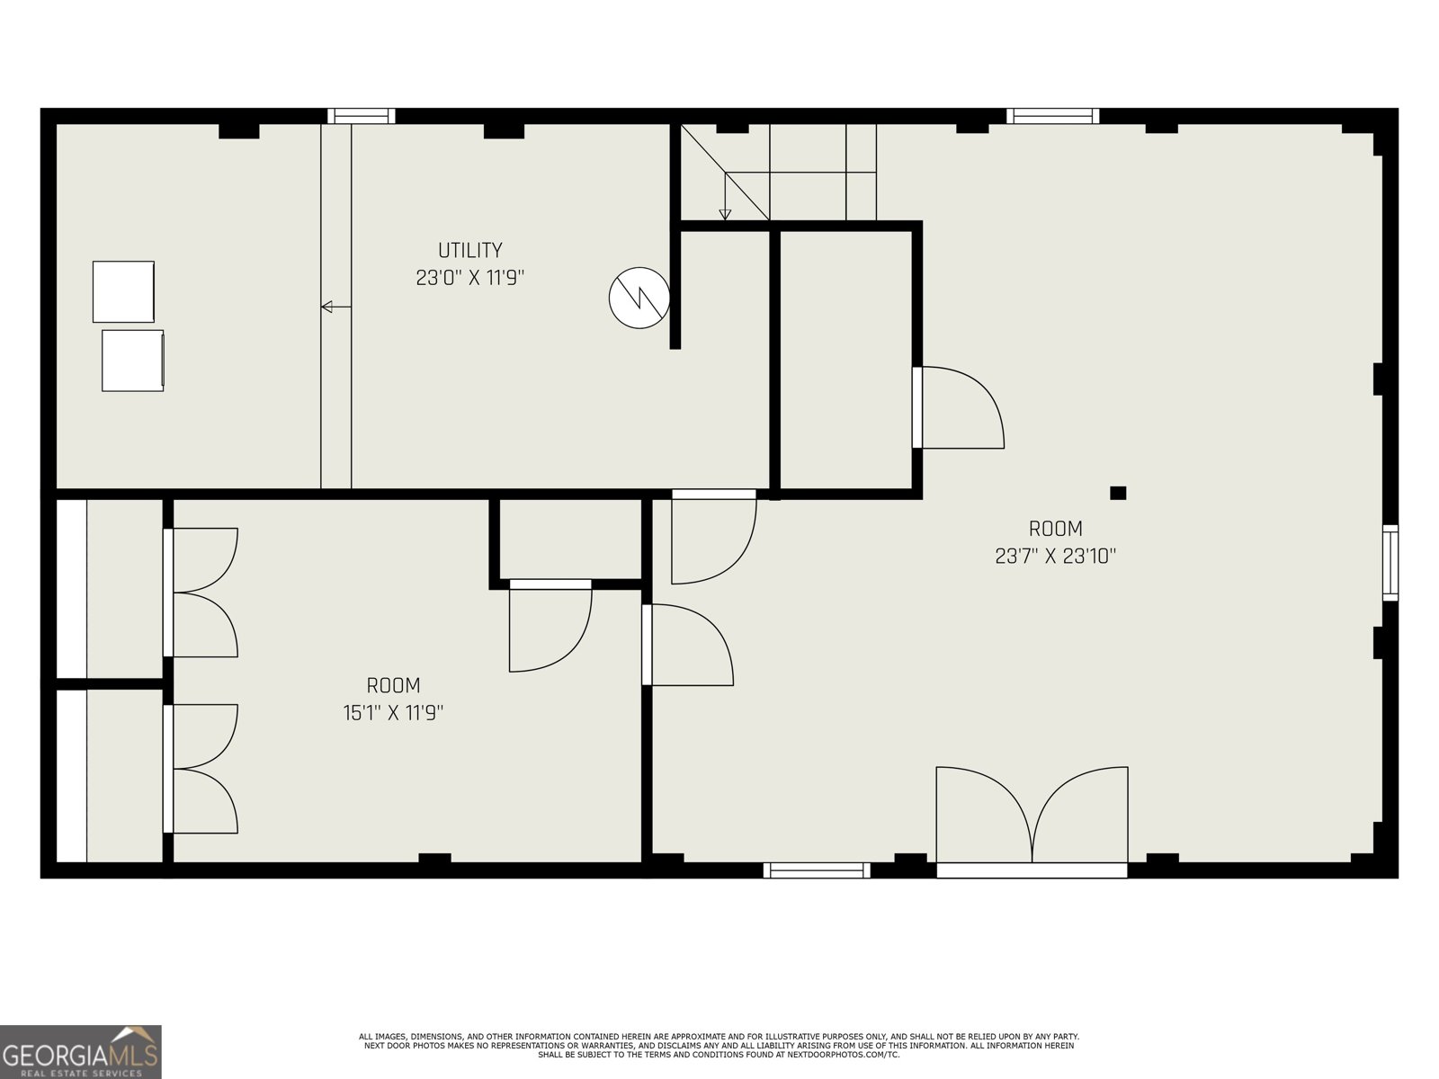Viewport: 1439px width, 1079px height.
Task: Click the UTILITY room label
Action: tap(469, 250)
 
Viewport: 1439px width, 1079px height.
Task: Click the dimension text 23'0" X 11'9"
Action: tap(469, 278)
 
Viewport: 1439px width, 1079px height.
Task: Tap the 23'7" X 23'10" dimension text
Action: tap(1055, 557)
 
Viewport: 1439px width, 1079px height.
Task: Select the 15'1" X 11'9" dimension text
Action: tap(393, 713)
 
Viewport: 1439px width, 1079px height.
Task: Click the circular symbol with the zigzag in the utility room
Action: tap(639, 298)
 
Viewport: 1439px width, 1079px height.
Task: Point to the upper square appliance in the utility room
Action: tap(123, 291)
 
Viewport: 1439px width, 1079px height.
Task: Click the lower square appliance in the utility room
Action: tap(132, 361)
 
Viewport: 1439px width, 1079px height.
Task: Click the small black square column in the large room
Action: tap(1118, 493)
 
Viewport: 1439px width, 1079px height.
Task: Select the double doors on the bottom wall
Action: tap(1032, 818)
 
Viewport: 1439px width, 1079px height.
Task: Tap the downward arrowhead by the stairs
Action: tap(725, 214)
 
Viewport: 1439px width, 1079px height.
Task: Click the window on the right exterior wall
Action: tap(1390, 563)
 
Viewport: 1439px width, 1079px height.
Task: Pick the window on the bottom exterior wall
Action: tap(817, 869)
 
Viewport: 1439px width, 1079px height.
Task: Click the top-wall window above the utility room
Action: tap(361, 115)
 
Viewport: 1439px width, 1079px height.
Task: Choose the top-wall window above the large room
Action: tap(1052, 115)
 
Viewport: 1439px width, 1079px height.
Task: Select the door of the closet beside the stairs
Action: tap(958, 407)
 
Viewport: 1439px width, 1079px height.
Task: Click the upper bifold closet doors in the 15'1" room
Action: tap(202, 593)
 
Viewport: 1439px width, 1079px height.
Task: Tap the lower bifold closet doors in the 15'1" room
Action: tap(202, 769)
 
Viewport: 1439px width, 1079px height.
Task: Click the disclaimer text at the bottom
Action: tap(719, 1045)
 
